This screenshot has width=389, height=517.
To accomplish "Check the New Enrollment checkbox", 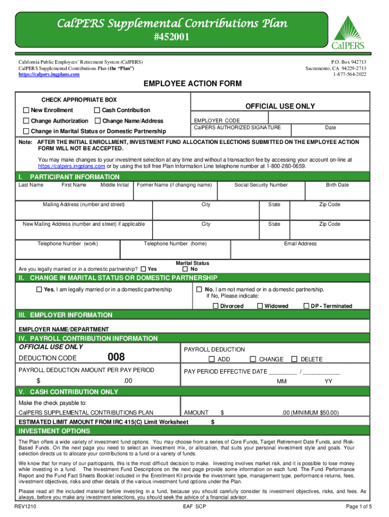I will point(26,110).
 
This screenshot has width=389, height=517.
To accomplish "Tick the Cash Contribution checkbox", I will point(97,110).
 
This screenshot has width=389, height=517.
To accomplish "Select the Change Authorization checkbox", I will point(26,121).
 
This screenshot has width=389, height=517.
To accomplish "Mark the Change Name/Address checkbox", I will point(97,121).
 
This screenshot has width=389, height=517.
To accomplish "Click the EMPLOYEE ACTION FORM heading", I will point(192,83).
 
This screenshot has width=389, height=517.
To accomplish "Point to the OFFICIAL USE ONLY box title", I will point(280,106).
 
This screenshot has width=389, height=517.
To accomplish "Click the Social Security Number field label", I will point(261,185).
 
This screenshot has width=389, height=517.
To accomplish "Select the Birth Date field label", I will point(337,185).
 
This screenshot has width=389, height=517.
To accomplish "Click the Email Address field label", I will point(300,243).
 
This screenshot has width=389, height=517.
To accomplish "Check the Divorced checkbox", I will point(216,306).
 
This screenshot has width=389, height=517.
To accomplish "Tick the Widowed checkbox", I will point(260,306).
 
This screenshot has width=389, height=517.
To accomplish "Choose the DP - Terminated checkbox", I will point(306,306).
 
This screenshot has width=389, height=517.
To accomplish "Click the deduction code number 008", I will point(116,357).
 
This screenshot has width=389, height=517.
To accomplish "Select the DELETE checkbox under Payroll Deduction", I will point(295,359).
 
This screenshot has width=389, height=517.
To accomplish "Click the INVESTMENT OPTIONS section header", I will point(55,431).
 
